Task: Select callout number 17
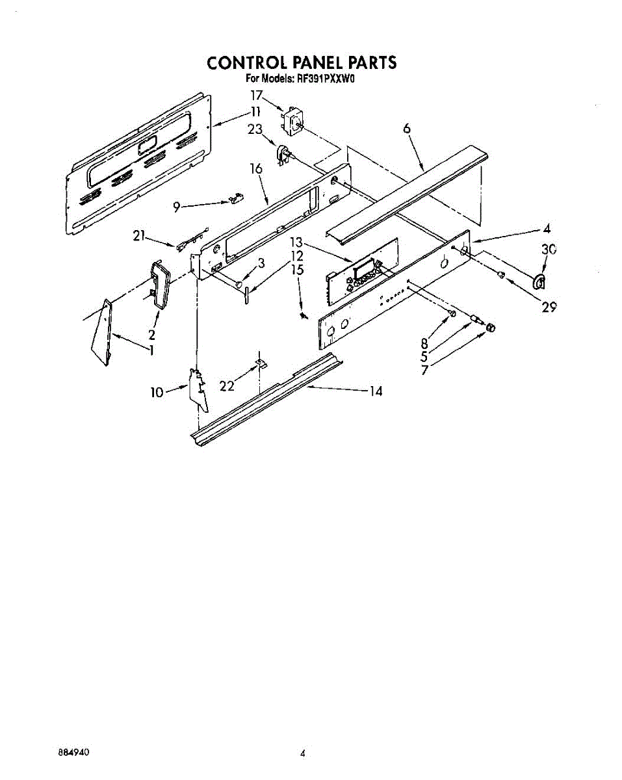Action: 257,95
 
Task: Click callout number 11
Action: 255,111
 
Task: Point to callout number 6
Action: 407,129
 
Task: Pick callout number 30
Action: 549,250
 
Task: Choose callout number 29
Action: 549,307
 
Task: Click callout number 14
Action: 375,391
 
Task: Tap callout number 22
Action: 227,386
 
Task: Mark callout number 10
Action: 157,393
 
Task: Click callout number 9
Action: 176,207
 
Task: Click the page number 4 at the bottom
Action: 303,754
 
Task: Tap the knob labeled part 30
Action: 538,281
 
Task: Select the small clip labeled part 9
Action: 235,200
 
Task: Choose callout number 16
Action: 256,169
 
